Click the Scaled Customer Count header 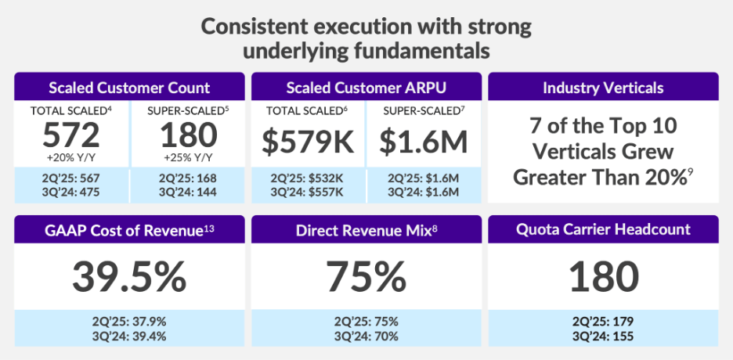point(129,87)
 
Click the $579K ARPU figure point(308,142)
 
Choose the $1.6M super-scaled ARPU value point(424,142)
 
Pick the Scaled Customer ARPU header point(366,87)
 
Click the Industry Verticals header point(603,87)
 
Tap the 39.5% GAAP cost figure point(129,275)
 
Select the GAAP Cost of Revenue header point(129,230)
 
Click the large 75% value point(366,275)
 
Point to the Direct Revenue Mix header point(366,230)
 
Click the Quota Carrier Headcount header point(603,230)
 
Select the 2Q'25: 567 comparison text point(70,178)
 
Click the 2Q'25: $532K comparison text point(308,178)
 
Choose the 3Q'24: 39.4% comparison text point(129,336)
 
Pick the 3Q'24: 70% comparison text point(366,336)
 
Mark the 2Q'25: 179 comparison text point(603,322)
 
